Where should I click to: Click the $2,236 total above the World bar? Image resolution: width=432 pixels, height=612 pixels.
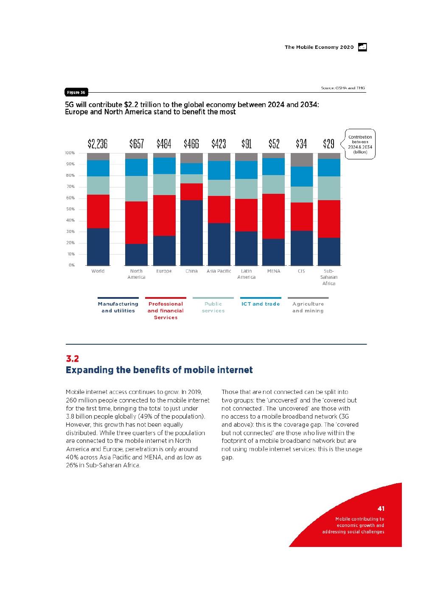click(98, 144)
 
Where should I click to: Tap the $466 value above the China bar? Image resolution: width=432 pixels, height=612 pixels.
click(191, 144)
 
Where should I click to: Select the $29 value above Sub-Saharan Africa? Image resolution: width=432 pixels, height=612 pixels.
click(329, 144)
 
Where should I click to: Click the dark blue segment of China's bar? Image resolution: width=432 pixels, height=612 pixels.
click(191, 232)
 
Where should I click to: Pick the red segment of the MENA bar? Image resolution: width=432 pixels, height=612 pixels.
click(274, 216)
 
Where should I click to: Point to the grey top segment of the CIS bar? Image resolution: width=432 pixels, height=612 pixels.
click(301, 160)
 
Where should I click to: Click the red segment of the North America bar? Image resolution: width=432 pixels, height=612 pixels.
click(136, 222)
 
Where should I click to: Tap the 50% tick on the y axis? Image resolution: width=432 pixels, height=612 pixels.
click(70, 209)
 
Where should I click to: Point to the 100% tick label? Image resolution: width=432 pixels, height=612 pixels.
click(70, 153)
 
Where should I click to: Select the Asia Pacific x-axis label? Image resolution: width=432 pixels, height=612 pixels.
click(219, 271)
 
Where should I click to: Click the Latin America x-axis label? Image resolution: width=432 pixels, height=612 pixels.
click(247, 274)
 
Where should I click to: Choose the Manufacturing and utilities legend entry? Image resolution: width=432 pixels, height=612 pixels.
click(118, 307)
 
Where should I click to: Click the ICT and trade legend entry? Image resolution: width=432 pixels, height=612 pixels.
click(261, 304)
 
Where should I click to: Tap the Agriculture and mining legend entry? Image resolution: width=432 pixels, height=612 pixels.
click(308, 307)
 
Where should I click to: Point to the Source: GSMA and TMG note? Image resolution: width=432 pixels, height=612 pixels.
click(343, 88)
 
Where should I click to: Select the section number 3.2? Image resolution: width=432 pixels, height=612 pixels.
click(72, 359)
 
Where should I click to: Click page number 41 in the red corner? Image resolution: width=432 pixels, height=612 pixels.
click(381, 508)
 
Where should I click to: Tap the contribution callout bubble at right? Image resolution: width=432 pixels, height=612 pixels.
click(360, 144)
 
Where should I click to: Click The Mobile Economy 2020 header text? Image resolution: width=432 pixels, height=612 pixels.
click(319, 47)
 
